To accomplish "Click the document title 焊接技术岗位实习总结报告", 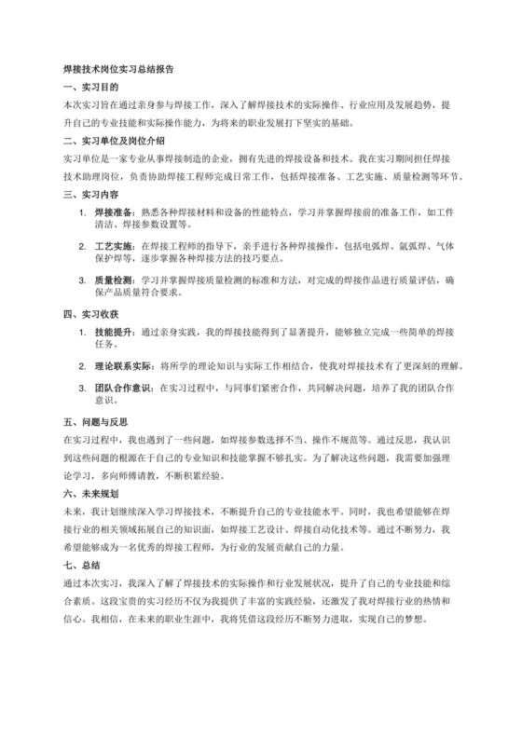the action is (118, 69).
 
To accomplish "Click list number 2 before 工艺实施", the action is (82, 245).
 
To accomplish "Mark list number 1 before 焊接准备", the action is (82, 213).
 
